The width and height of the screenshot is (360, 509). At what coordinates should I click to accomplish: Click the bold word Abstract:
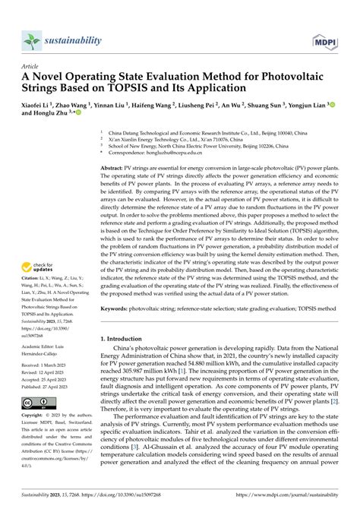click(115, 166)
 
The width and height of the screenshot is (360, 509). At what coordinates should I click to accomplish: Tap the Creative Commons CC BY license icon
click(37, 401)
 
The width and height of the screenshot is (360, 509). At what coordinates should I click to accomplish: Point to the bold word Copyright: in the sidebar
click(36, 416)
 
